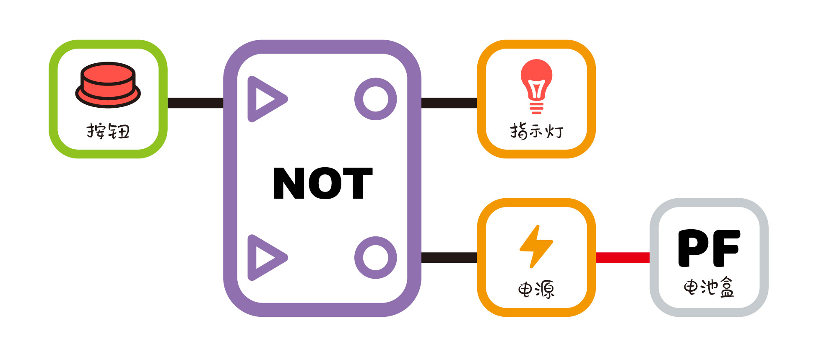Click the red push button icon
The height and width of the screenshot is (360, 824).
108,85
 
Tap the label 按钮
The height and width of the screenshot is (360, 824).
108,131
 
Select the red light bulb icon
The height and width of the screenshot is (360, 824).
536,87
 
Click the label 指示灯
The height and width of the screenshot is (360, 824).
537,131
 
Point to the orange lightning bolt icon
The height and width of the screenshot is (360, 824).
536,246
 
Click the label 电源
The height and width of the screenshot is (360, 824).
536,289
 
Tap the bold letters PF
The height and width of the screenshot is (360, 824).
709,248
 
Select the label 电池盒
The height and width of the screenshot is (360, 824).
709,287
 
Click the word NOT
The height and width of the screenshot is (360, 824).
323,183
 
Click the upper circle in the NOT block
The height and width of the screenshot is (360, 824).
376,99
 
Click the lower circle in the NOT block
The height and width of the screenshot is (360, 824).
376,257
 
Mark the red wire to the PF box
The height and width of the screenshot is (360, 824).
623,257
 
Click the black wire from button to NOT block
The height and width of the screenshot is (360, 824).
195,103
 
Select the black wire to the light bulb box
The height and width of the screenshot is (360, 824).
449,103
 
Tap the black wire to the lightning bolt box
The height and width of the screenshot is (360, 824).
449,257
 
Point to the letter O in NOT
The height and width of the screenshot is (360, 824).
323,183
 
